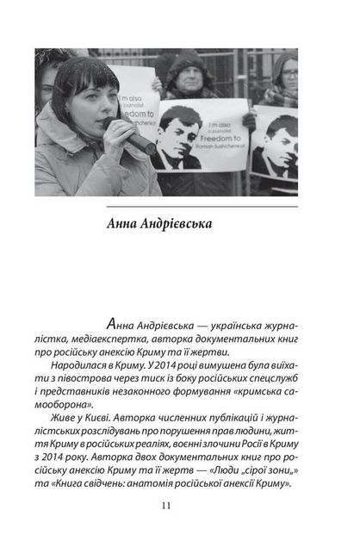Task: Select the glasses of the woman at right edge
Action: pos(291,73)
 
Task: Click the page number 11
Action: pos(179,505)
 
